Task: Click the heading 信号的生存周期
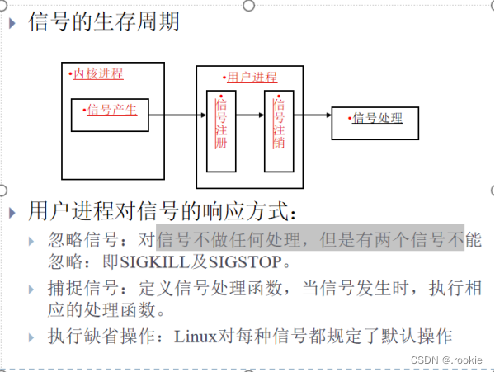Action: [x=103, y=22]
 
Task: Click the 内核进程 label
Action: [x=97, y=74]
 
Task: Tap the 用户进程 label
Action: [x=252, y=78]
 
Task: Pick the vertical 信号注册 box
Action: [x=220, y=130]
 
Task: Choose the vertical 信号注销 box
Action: [x=279, y=130]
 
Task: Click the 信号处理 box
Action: [x=376, y=119]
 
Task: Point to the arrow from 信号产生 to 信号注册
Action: [x=178, y=115]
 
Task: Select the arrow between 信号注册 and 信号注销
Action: [x=249, y=115]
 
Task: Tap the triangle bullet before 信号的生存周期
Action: [x=12, y=22]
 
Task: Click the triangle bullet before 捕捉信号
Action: [x=31, y=290]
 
